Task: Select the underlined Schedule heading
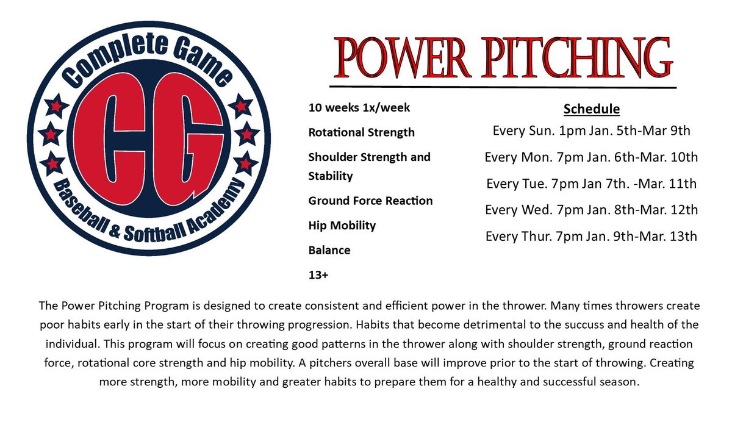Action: [x=591, y=110]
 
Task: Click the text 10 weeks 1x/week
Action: [x=359, y=108]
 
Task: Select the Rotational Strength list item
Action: [x=361, y=132]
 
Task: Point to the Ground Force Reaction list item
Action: [x=370, y=201]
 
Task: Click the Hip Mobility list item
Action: [x=342, y=226]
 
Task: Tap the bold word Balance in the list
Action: [x=329, y=250]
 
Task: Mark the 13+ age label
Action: [x=318, y=275]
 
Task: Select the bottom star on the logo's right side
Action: [x=243, y=163]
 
